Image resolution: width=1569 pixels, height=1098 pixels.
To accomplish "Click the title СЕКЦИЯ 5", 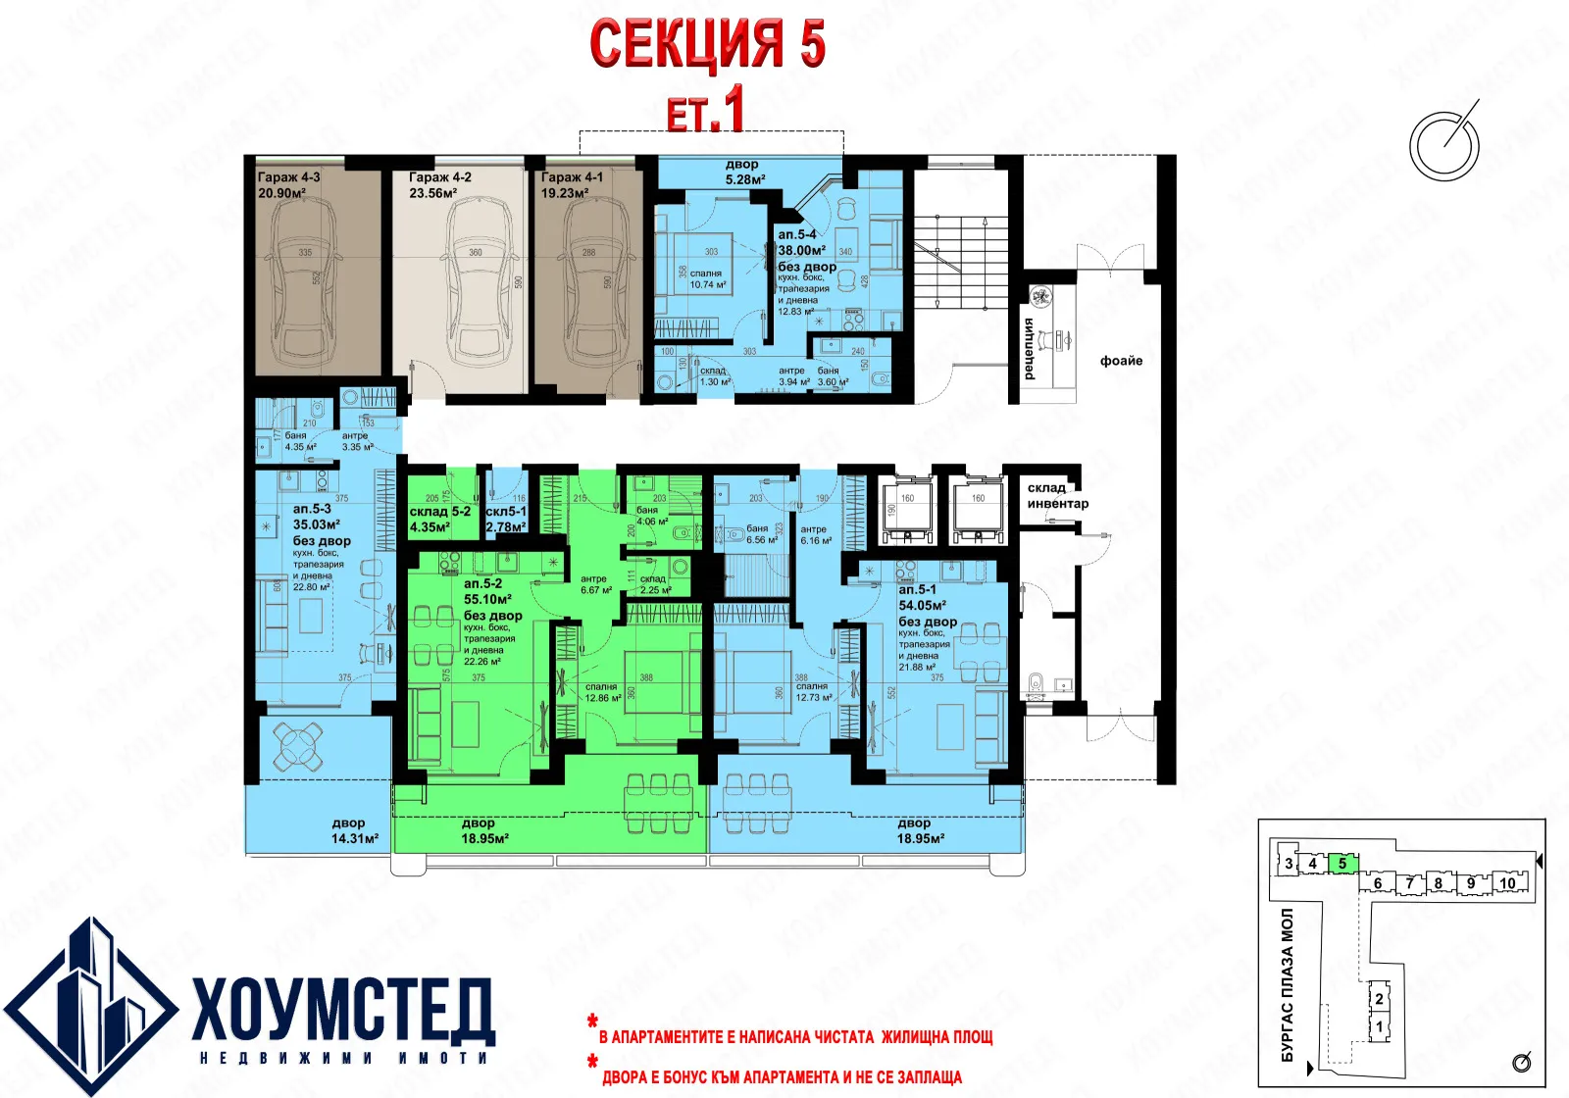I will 707,45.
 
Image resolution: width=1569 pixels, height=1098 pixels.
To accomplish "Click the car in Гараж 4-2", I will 478,279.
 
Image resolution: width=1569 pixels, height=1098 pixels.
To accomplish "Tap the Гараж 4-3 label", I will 288,177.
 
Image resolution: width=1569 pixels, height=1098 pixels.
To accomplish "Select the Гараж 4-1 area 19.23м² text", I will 565,193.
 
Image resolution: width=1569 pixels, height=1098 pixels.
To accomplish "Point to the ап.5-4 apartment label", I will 796,235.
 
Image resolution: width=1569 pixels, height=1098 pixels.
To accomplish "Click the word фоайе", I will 1121,361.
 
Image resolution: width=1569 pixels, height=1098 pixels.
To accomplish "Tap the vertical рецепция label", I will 1030,348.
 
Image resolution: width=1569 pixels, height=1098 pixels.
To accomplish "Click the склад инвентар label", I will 1057,495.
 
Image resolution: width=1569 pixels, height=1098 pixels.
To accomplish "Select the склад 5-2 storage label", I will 439,512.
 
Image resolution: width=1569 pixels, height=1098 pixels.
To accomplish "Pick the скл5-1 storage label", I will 506,512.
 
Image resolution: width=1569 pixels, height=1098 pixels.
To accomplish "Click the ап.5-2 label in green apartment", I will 482,583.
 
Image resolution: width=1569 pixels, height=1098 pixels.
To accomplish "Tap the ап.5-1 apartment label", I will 917,590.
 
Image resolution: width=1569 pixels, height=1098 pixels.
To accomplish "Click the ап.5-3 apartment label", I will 312,509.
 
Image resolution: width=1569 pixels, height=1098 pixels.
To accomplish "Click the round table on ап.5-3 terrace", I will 297,745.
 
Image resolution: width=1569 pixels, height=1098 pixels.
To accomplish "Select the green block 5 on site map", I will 1342,864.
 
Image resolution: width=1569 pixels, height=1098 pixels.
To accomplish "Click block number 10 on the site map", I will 1507,883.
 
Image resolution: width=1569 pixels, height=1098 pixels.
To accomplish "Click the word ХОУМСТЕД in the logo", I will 343,1010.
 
